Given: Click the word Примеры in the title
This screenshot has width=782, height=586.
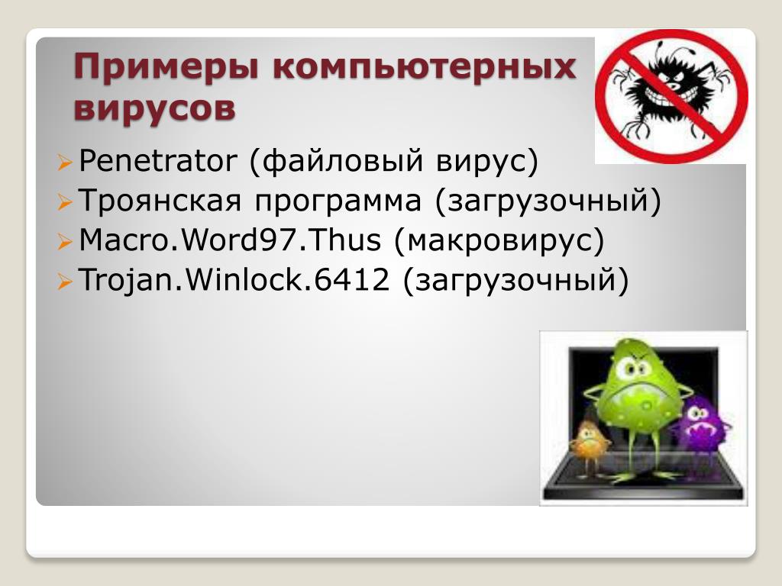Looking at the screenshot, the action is coord(166,68).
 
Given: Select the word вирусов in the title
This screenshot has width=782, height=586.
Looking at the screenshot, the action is coord(154,109).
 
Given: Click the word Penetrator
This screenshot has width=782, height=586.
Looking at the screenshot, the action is coord(158,161).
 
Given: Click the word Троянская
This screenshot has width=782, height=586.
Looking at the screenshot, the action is coord(160,201).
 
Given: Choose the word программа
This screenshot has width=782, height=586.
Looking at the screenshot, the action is coord(338,202).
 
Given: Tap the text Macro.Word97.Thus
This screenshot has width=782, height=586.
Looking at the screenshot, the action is coord(230,240).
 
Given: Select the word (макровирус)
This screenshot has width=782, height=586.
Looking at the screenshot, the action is coord(499,240).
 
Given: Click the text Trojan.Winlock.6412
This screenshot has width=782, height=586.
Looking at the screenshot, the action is coord(234,279).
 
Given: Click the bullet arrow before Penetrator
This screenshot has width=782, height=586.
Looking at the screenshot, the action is coord(66,163).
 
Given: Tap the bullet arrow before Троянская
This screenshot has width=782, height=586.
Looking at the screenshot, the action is coord(66,202).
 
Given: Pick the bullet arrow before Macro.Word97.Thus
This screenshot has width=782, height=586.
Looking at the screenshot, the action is coord(66,242).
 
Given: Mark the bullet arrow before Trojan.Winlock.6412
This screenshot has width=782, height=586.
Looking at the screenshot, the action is coord(66,282).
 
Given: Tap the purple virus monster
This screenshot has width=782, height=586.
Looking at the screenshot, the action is coord(701,423).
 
